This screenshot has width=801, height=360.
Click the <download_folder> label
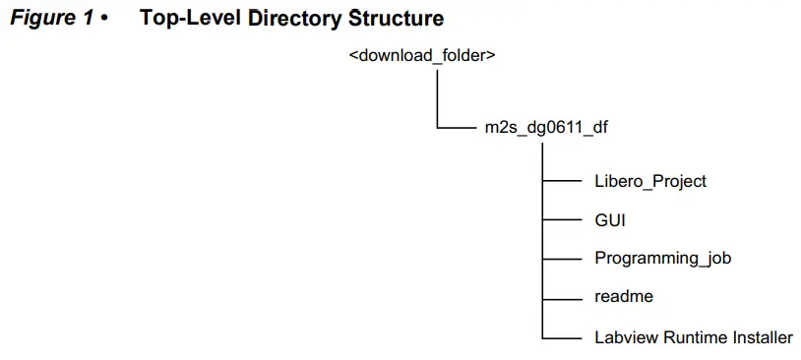click(421, 55)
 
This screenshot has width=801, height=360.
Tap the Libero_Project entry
click(650, 181)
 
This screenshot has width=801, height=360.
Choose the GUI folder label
click(610, 219)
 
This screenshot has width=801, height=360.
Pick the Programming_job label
click(662, 259)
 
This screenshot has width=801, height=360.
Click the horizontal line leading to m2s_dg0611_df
click(455, 128)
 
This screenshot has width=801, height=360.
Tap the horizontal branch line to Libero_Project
click(563, 181)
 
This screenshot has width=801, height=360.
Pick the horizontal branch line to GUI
click(563, 220)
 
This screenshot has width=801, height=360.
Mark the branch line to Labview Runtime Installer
click(563, 338)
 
